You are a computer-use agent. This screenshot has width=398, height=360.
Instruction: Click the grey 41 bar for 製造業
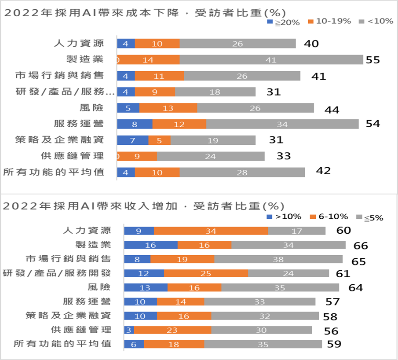(271, 60)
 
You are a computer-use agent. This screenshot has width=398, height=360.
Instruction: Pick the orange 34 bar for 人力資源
(211, 231)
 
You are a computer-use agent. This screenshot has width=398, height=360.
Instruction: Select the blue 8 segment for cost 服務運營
(135, 124)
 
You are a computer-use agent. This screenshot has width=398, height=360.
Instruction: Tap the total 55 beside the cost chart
(372, 60)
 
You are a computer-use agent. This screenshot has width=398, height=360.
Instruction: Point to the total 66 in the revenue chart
(361, 246)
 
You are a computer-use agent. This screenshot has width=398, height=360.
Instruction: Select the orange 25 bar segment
(206, 273)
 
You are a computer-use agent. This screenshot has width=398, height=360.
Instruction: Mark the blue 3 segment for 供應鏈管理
(128, 330)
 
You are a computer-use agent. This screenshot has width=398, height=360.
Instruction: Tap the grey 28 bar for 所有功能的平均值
(242, 173)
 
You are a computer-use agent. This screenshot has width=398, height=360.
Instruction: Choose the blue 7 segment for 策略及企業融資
(132, 140)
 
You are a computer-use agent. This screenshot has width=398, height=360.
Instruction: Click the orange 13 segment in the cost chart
(168, 108)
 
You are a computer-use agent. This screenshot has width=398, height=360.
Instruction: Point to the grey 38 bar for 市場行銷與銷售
(278, 259)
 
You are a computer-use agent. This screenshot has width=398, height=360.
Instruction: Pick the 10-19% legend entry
(330, 21)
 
